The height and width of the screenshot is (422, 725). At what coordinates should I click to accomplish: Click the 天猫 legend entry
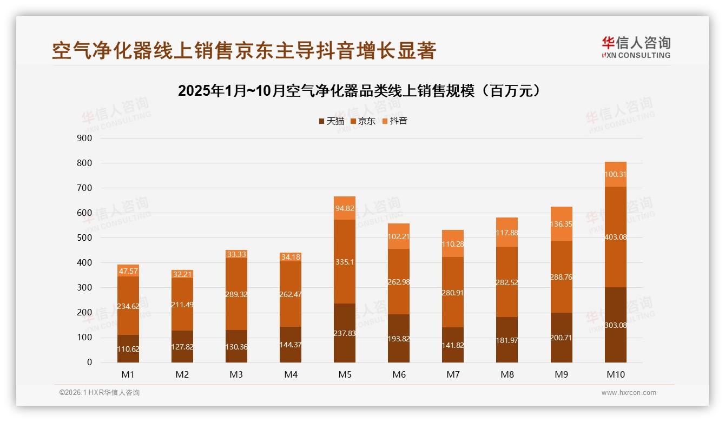tap(331, 121)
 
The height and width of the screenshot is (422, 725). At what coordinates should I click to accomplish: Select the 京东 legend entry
tap(363, 121)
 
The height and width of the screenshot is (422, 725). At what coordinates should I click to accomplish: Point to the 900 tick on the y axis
tap(85, 138)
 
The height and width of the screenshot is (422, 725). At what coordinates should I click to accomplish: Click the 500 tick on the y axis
tap(85, 238)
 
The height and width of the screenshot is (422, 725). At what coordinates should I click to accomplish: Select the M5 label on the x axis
tap(345, 374)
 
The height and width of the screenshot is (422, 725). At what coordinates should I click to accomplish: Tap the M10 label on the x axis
tap(616, 374)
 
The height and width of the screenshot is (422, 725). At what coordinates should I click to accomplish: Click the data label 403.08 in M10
tap(616, 237)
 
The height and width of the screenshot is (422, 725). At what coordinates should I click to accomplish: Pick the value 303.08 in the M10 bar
tap(616, 325)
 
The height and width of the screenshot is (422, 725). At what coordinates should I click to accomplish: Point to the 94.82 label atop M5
tap(345, 208)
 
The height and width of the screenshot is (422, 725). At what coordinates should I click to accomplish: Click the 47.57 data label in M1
tap(128, 271)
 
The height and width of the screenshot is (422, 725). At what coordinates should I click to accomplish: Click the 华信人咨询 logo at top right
tap(636, 47)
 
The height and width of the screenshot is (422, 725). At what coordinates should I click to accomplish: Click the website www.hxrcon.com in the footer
tap(629, 393)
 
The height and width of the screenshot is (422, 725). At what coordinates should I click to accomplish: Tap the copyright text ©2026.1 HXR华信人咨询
tap(100, 393)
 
